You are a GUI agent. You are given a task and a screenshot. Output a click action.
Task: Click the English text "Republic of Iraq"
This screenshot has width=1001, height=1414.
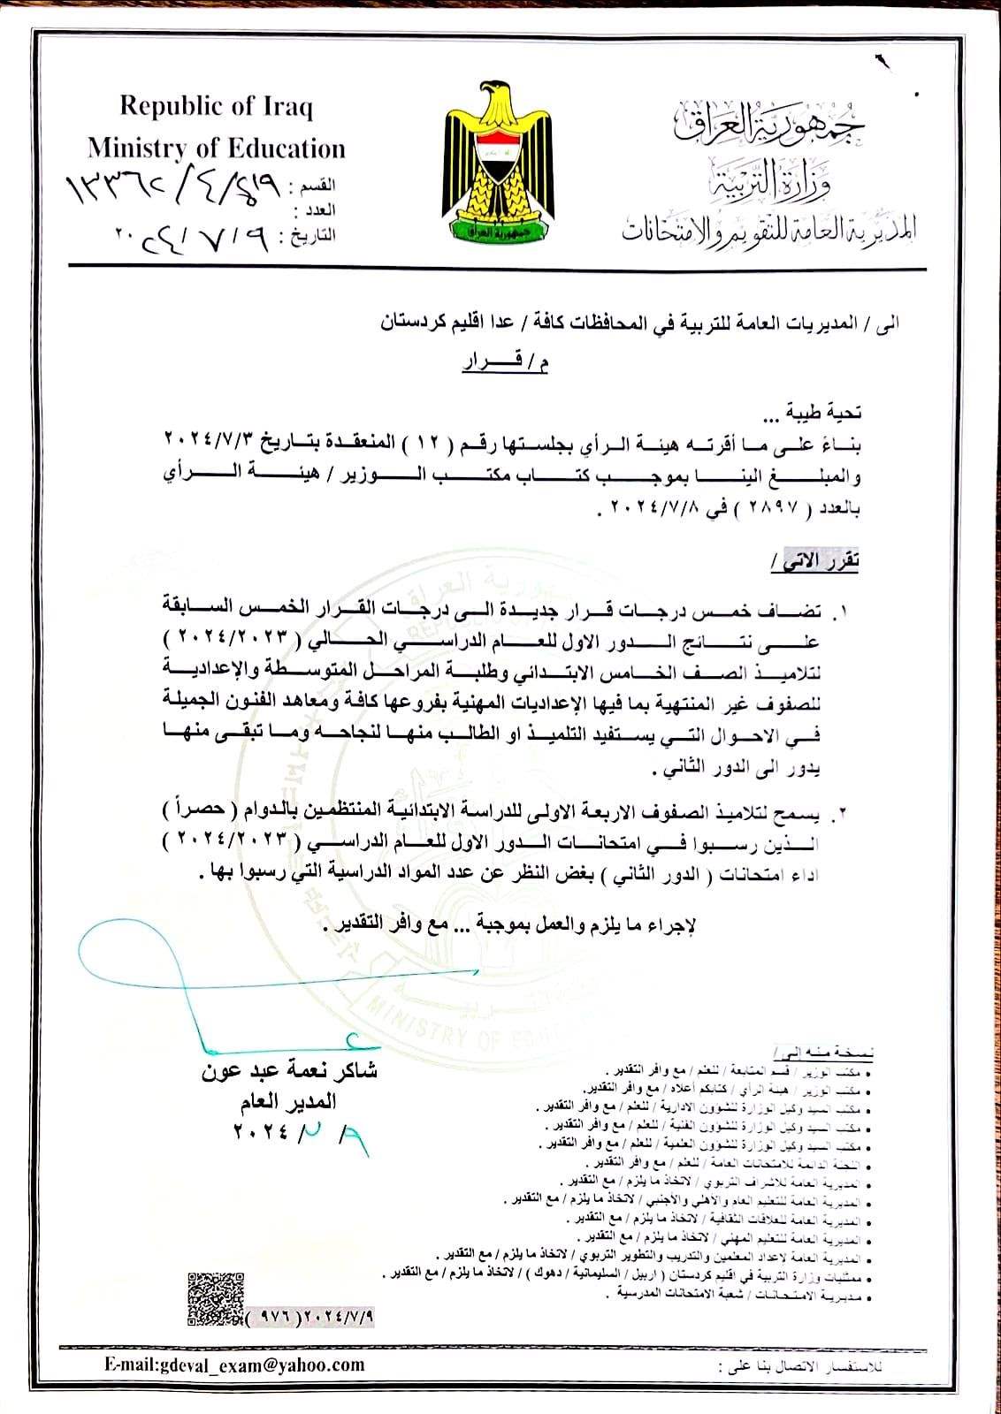coord(216,107)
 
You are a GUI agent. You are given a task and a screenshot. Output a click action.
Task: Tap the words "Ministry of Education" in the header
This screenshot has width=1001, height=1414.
coord(216,148)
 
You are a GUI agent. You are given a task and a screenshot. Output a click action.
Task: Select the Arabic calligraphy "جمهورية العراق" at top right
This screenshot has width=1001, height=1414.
coord(770,125)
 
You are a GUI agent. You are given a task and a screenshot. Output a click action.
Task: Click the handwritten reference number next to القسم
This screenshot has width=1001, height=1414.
coord(172,187)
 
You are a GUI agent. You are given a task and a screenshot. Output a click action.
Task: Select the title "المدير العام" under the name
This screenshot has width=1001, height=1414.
coord(287,1103)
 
